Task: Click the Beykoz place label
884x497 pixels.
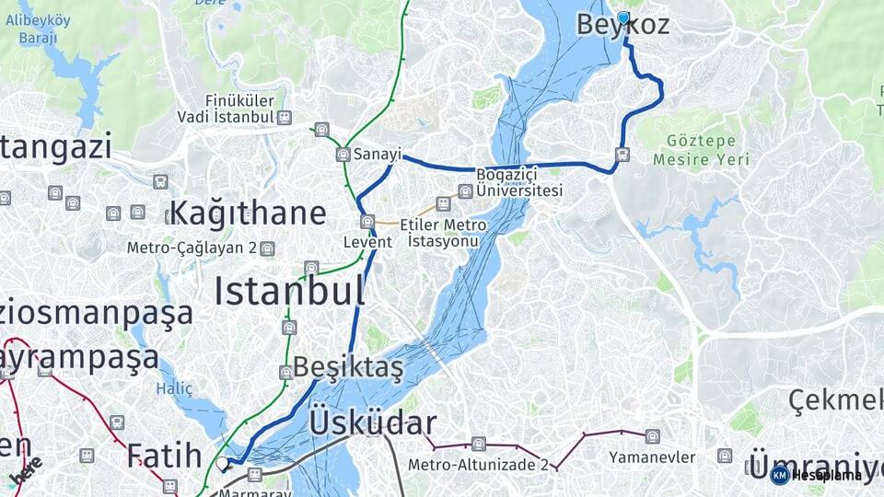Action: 622,27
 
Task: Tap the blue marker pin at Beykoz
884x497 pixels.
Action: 623,17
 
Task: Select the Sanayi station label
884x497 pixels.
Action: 378,155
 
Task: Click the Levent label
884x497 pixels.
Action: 367,242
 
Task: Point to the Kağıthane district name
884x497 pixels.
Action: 248,213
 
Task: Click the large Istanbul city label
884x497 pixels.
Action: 289,291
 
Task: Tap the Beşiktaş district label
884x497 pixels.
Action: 348,369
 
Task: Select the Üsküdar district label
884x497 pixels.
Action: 373,422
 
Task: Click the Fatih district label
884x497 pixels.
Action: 165,455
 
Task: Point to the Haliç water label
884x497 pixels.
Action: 174,388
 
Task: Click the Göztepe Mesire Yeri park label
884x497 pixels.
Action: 701,149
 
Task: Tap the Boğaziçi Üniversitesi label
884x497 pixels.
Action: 518,182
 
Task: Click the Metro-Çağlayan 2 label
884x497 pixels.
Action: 192,248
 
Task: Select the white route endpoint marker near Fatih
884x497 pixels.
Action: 223,464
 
